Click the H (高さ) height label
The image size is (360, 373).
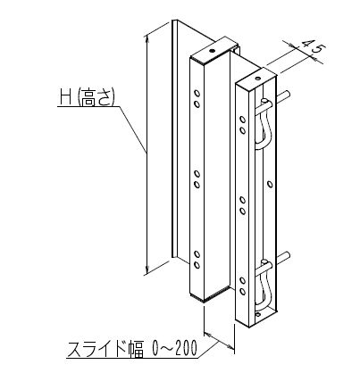click(88, 97)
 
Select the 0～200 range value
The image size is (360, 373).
click(174, 348)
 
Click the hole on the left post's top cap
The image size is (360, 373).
click(212, 51)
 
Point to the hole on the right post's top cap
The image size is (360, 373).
click(258, 79)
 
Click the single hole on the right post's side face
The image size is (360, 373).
click(270, 185)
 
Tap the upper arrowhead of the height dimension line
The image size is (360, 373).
click(147, 39)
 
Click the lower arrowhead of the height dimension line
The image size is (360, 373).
click(147, 270)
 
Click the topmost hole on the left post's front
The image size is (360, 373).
click(197, 94)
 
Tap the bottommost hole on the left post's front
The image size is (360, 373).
click(197, 265)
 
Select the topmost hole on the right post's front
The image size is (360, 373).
click(243, 120)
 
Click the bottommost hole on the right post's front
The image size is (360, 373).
click(243, 292)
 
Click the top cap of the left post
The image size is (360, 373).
click(214, 52)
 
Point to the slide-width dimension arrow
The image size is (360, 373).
click(219, 341)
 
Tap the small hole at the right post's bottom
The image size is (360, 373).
click(258, 314)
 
